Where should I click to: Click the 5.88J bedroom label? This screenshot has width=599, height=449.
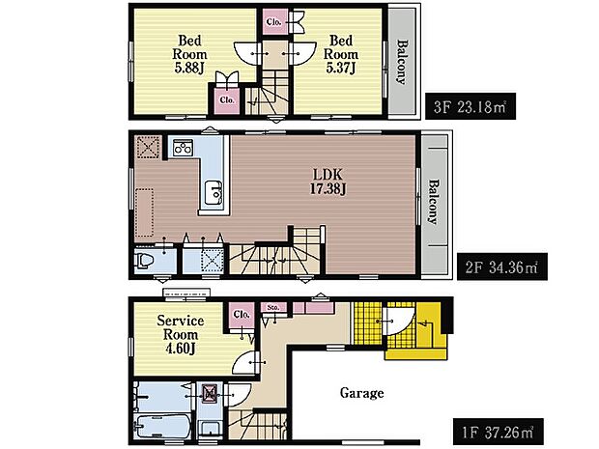(190, 54)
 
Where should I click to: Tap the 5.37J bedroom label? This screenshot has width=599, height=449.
(341, 54)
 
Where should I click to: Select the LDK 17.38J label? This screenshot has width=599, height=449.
(328, 182)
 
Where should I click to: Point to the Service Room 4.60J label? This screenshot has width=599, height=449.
(181, 334)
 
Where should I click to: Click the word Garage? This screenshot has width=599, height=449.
(361, 393)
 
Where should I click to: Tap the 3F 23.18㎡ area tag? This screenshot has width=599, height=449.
(471, 106)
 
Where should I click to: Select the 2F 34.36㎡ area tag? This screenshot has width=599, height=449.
(502, 267)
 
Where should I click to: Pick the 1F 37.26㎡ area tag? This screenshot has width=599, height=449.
(499, 433)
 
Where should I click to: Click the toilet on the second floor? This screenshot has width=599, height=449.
(144, 261)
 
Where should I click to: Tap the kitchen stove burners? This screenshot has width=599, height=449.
(183, 147)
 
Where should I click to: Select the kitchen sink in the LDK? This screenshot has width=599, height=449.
(214, 193)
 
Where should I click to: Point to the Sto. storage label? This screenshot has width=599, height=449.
(273, 307)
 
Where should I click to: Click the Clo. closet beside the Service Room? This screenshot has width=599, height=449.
(242, 315)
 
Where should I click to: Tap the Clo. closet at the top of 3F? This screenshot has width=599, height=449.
(274, 22)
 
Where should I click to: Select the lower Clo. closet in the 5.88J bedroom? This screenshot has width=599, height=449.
(227, 100)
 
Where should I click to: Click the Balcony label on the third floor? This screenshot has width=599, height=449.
(401, 61)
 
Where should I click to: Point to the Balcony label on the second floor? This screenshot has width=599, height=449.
(433, 202)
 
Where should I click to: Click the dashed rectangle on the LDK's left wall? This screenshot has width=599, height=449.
(145, 212)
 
